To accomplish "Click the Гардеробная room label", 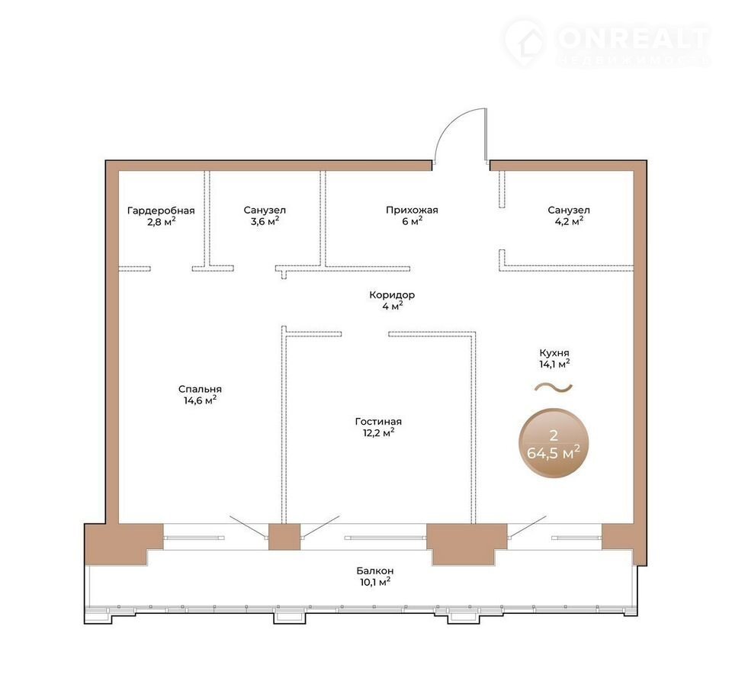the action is point(161,210).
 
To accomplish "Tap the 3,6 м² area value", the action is point(265,221).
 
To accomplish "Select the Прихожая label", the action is point(412,210).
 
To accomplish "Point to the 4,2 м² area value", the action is point(569,221).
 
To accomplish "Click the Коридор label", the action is point(392,295).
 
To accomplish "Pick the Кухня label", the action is point(554,353).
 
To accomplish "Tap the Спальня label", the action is point(200,389).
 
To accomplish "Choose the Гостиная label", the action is point(378,422).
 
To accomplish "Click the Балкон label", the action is point(375,570).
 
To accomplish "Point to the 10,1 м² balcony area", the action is point(375,582).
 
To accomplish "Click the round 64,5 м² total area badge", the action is point(554,443).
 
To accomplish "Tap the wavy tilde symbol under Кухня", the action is point(554,387).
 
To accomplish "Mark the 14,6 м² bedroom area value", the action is point(200,400).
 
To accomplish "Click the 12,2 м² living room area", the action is point(378,433).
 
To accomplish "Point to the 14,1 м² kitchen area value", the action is point(554,364).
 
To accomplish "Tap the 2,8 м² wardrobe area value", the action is point(161,222).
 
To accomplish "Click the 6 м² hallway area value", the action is point(412,221).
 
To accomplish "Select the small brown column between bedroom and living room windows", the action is point(284,537).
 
